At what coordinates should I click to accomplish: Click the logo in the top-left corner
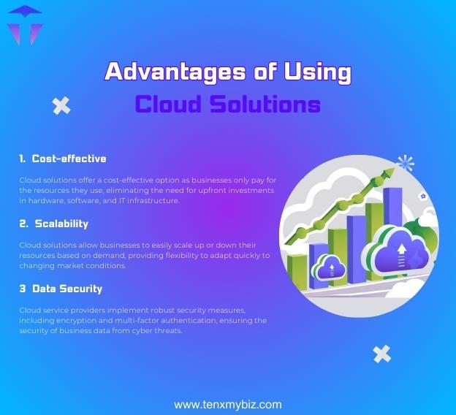point(24,24)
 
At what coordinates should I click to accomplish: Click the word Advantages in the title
point(163,72)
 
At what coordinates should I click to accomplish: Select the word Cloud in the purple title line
point(167,104)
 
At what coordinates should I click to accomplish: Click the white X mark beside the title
point(61,106)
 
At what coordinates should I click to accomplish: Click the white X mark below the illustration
point(381,354)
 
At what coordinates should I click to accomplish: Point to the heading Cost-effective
point(69,159)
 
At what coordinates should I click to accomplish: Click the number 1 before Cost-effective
point(22,159)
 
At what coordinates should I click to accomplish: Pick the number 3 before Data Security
point(23,289)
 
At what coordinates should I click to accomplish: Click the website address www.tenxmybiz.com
point(227,404)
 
